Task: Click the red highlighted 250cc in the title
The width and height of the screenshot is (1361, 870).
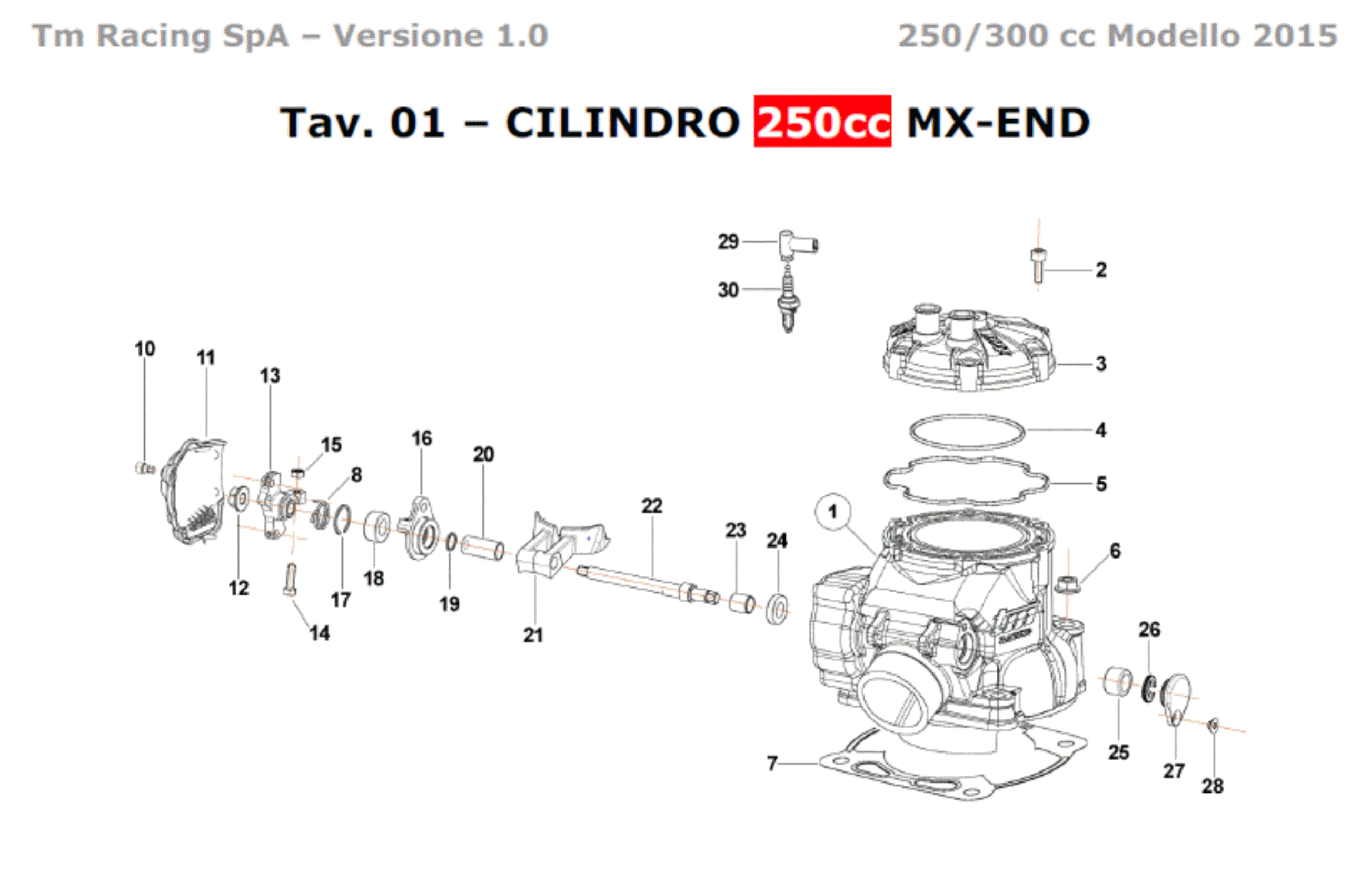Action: click(822, 121)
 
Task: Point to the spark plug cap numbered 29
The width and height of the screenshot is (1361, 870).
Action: click(796, 245)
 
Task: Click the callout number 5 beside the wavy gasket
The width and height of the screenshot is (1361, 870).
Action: click(1101, 484)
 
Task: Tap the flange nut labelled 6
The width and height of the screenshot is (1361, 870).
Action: click(1067, 585)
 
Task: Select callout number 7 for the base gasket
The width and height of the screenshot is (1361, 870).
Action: click(772, 764)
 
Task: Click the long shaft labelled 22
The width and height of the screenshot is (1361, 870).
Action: click(648, 584)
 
